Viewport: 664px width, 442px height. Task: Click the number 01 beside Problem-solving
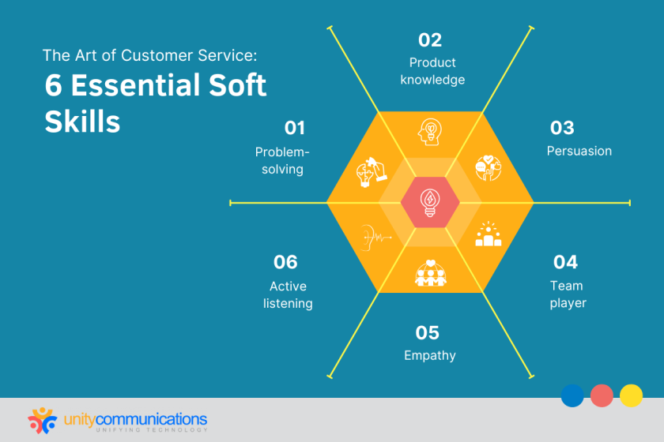pos(294,128)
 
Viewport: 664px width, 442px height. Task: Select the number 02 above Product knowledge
pos(430,39)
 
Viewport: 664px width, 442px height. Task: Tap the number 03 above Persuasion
pos(562,128)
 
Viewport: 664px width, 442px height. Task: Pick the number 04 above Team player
pos(565,261)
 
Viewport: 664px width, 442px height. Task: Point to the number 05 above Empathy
pos(428,332)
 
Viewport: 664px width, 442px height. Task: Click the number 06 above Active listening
pos(285,261)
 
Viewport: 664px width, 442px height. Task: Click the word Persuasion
pos(579,151)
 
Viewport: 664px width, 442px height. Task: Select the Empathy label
pos(429,355)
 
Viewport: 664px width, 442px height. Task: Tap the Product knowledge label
pos(432,71)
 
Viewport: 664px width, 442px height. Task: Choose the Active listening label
pos(288,294)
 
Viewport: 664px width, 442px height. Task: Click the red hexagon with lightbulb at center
pos(429,202)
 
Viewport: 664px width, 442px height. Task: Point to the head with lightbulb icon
pos(430,131)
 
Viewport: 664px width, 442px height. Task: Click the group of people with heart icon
pos(429,272)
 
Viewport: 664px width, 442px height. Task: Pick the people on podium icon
pos(489,235)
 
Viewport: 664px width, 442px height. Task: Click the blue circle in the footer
pos(572,395)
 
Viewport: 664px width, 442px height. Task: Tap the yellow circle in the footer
pos(631,395)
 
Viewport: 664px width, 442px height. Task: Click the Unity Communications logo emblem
pos(43,419)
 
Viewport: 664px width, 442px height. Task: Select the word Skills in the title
pos(82,122)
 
